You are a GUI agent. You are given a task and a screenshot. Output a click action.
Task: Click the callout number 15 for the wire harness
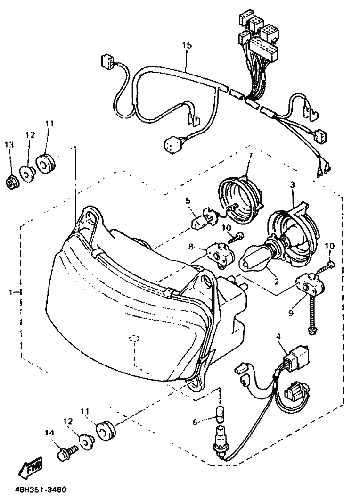click(x=187, y=45)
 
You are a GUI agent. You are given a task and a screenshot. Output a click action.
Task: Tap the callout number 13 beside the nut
click(x=9, y=145)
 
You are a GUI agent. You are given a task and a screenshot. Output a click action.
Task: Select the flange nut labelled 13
click(x=13, y=183)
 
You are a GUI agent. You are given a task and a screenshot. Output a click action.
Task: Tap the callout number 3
click(x=293, y=184)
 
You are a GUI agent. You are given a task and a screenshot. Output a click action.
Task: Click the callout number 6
click(x=196, y=422)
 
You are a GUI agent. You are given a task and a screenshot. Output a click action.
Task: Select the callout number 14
click(x=49, y=432)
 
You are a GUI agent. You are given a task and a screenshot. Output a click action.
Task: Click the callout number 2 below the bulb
click(x=276, y=281)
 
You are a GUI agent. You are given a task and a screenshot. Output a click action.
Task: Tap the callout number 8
click(x=191, y=247)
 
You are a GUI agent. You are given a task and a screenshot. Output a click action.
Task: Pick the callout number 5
click(x=188, y=201)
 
